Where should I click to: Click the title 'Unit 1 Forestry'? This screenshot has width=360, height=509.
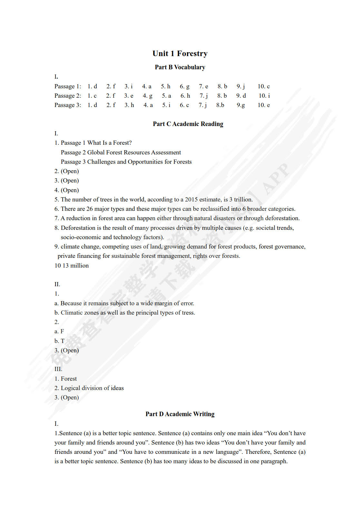pos(180,54)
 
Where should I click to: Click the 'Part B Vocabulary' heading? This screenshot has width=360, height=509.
pos(180,67)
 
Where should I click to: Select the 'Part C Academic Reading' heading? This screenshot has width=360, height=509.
pos(188,124)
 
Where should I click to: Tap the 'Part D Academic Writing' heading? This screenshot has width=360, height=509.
pos(180,414)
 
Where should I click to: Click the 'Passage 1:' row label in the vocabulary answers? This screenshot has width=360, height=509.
pos(68,86)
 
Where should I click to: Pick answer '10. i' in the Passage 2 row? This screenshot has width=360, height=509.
pos(264,96)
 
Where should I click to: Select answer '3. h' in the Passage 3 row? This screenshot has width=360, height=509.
pos(129,105)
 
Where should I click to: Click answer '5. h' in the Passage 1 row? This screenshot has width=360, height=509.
pos(166,86)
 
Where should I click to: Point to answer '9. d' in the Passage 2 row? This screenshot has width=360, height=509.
pos(241,96)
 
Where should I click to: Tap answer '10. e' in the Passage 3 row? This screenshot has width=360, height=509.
pos(264,105)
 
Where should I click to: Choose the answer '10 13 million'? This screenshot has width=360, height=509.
pos(72,266)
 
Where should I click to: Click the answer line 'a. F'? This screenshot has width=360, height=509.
pos(59,331)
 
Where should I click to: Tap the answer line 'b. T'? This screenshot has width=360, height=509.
pos(60,341)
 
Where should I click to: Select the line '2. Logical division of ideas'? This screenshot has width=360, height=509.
pos(89,388)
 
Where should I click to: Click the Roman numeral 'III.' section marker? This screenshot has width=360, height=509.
pos(58,369)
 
